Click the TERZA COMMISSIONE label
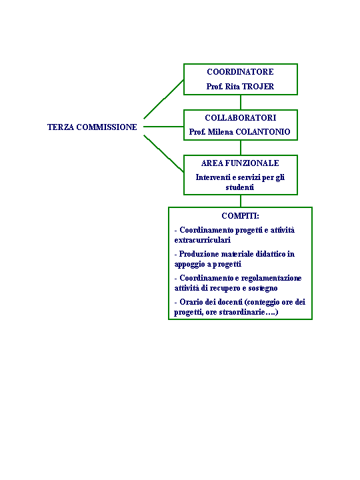pyautogui.click(x=92, y=127)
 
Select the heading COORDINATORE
pyautogui.click(x=240, y=71)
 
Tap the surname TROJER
pyautogui.click(x=258, y=86)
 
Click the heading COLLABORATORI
pyautogui.click(x=240, y=117)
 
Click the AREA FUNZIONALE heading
pyautogui.click(x=240, y=163)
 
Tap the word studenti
pyautogui.click(x=240, y=187)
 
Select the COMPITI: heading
pyautogui.click(x=240, y=216)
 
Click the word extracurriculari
pyautogui.click(x=203, y=240)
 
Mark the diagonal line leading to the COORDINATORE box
pyautogui.click(x=164, y=99)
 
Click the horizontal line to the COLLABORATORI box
pyautogui.click(x=163, y=127)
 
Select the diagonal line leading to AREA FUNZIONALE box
pyautogui.click(x=164, y=154)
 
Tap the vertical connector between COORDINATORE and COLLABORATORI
pyautogui.click(x=241, y=102)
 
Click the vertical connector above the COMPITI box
pyautogui.click(x=241, y=201)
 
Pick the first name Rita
pyautogui.click(x=233, y=86)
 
